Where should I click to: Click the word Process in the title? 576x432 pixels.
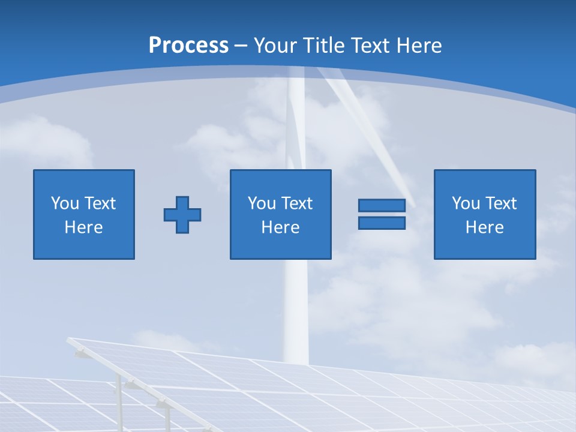188,46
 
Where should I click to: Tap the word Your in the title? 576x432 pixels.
275,46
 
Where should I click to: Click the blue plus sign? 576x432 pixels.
182,214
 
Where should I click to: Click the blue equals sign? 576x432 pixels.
382,214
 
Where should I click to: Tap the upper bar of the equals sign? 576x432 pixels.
382,206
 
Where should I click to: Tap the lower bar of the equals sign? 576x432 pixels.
382,223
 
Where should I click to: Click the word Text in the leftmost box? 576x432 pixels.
100,203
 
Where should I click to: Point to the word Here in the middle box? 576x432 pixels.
281,227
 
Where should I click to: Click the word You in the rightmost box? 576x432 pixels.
466,203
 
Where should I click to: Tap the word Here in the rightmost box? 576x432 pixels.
485,227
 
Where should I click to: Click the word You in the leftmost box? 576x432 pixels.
65,203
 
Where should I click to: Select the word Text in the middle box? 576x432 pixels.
296,203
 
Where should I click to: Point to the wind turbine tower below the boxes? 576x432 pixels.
296,312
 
